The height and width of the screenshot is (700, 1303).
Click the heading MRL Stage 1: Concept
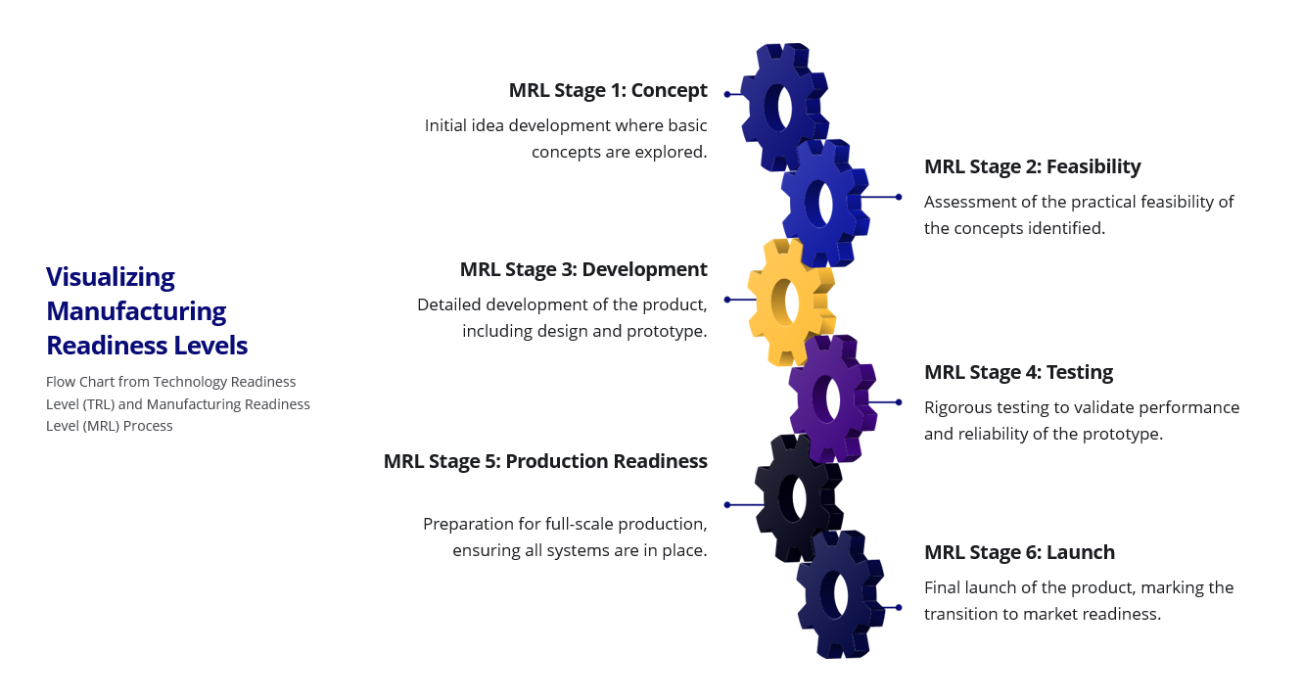point(608,90)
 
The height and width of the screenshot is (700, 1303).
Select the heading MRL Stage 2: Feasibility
point(1033,166)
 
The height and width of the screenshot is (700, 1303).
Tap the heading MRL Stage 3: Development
point(583,269)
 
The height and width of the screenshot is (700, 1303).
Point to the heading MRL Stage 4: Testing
point(1018,372)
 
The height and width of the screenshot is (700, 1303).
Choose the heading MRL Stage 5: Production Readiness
point(545,461)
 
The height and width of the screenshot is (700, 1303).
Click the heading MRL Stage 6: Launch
point(1019,552)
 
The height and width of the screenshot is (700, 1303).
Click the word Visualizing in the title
point(111,277)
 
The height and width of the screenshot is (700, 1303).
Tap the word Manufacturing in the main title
point(136,311)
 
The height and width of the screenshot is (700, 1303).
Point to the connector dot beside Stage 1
point(727,94)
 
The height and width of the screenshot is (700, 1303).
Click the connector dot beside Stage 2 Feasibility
point(899,197)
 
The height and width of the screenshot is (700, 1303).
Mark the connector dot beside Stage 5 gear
point(727,505)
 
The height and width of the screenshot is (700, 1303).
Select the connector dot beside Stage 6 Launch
point(899,607)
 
